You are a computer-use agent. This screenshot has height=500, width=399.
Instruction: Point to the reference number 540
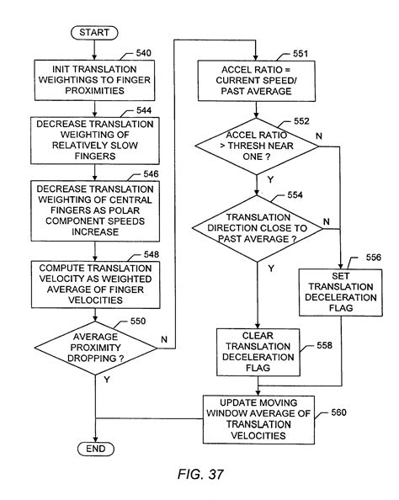143,54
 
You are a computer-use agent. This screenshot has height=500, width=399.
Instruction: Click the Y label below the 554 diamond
270,269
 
